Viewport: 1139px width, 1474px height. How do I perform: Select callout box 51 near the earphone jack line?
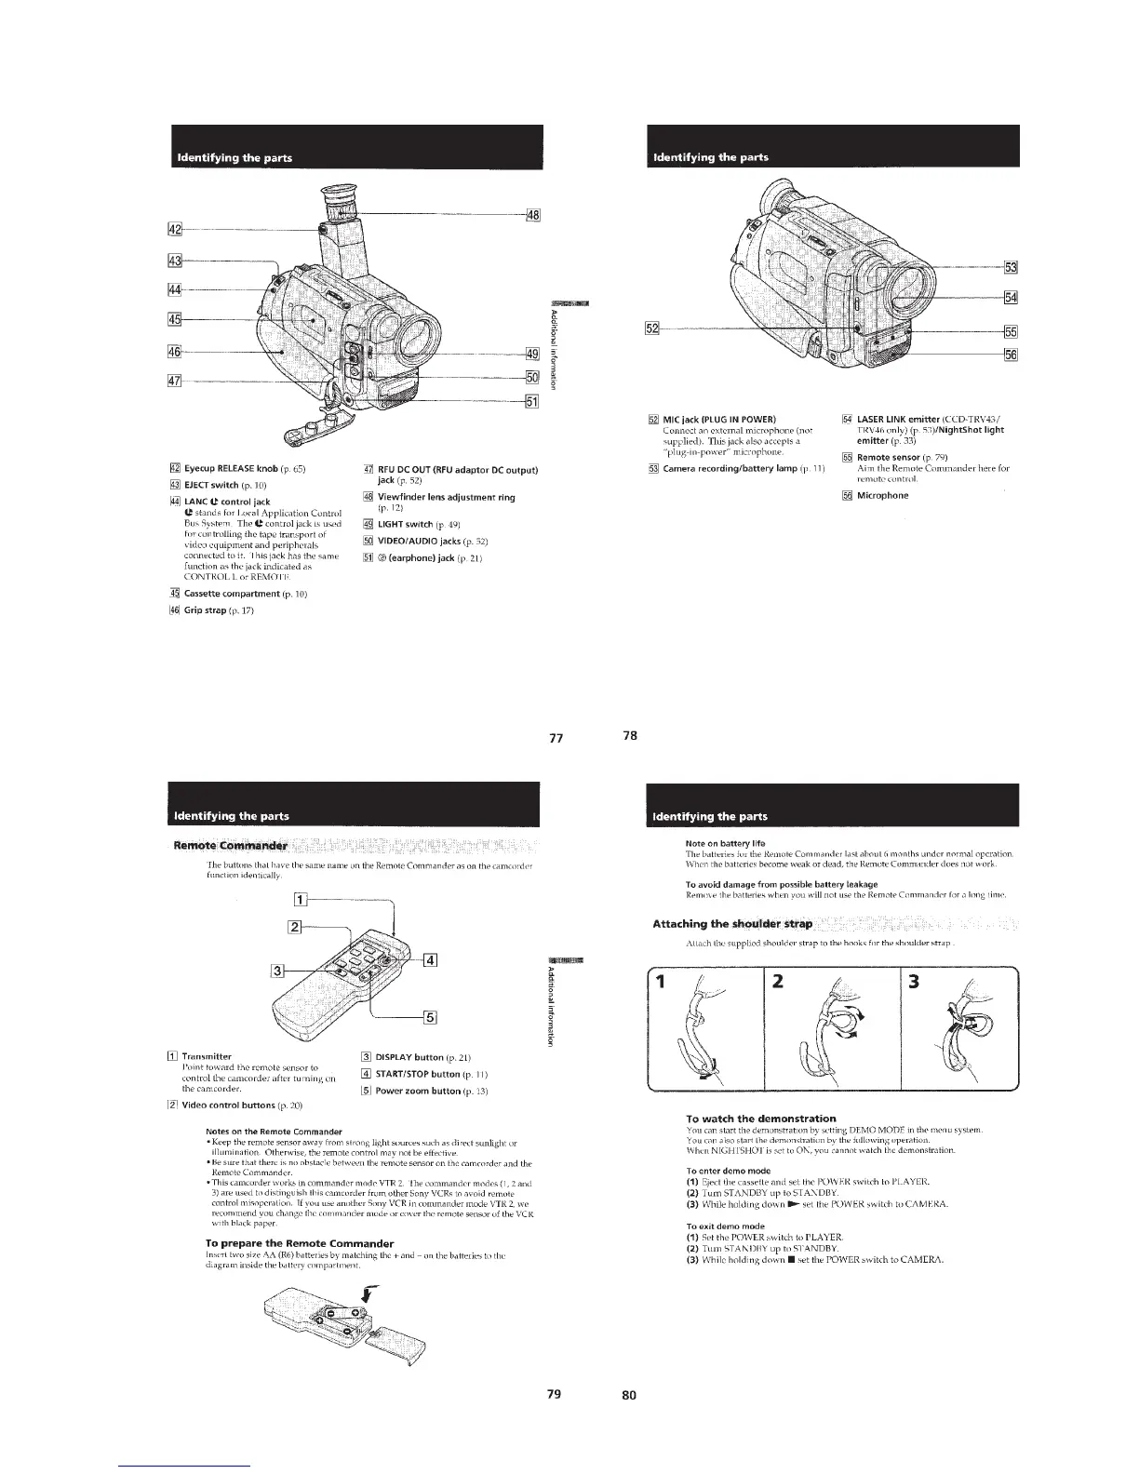pyautogui.click(x=533, y=401)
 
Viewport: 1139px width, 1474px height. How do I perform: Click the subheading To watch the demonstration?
pyautogui.click(x=760, y=1118)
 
